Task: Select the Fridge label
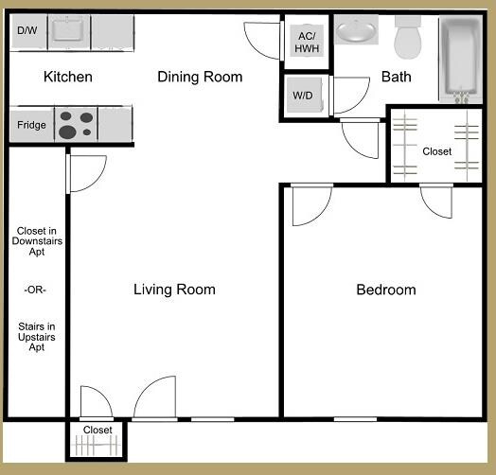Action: pos(31,125)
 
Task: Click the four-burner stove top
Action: pos(77,124)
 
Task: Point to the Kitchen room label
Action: pos(68,77)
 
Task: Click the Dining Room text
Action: pos(200,77)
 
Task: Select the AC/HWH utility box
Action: pos(306,42)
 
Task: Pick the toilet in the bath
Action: pos(408,39)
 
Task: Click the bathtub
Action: pos(461,59)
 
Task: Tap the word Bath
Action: pos(396,77)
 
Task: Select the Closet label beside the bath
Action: pos(436,151)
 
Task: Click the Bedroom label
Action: pos(385,290)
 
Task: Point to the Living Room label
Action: pos(174,290)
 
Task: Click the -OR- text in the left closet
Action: pos(35,290)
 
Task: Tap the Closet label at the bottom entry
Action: pos(97,431)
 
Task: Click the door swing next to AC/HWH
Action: pos(261,38)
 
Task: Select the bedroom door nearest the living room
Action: pos(309,205)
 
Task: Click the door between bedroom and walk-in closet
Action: pos(436,201)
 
